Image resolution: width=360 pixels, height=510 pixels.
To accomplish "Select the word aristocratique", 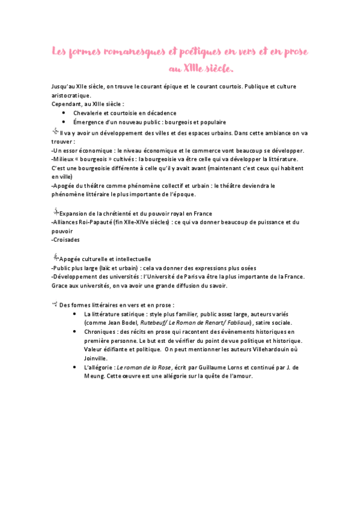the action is tap(71, 95).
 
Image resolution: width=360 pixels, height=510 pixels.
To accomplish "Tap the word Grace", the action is tap(61, 286).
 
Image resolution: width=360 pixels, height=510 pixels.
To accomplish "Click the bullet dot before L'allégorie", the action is tap(75, 367).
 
